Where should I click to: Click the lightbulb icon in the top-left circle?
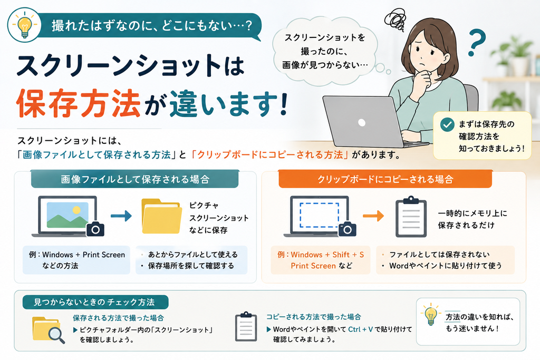[x=24, y=25]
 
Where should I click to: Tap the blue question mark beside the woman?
[x=477, y=42]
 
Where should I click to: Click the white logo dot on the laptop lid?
[x=362, y=122]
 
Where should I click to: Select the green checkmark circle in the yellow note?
[x=447, y=124]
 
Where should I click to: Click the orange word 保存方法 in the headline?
[x=79, y=102]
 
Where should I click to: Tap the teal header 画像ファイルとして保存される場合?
[x=135, y=179]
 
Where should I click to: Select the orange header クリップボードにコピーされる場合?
[x=385, y=179]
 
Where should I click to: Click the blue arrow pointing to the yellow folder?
[x=121, y=216]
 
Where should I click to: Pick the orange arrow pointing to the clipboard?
[x=373, y=216]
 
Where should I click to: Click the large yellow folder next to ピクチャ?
[x=161, y=216]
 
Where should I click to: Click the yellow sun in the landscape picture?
[x=76, y=210]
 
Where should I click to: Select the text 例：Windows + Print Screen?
[x=77, y=255]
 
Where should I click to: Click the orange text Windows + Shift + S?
[x=327, y=255]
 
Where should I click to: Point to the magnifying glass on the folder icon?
[x=56, y=334]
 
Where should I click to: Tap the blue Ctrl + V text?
[x=360, y=329]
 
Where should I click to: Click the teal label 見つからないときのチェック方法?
[x=94, y=302]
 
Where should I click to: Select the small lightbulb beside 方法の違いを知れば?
[x=430, y=315]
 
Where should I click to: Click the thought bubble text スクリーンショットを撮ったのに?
[x=324, y=44]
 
